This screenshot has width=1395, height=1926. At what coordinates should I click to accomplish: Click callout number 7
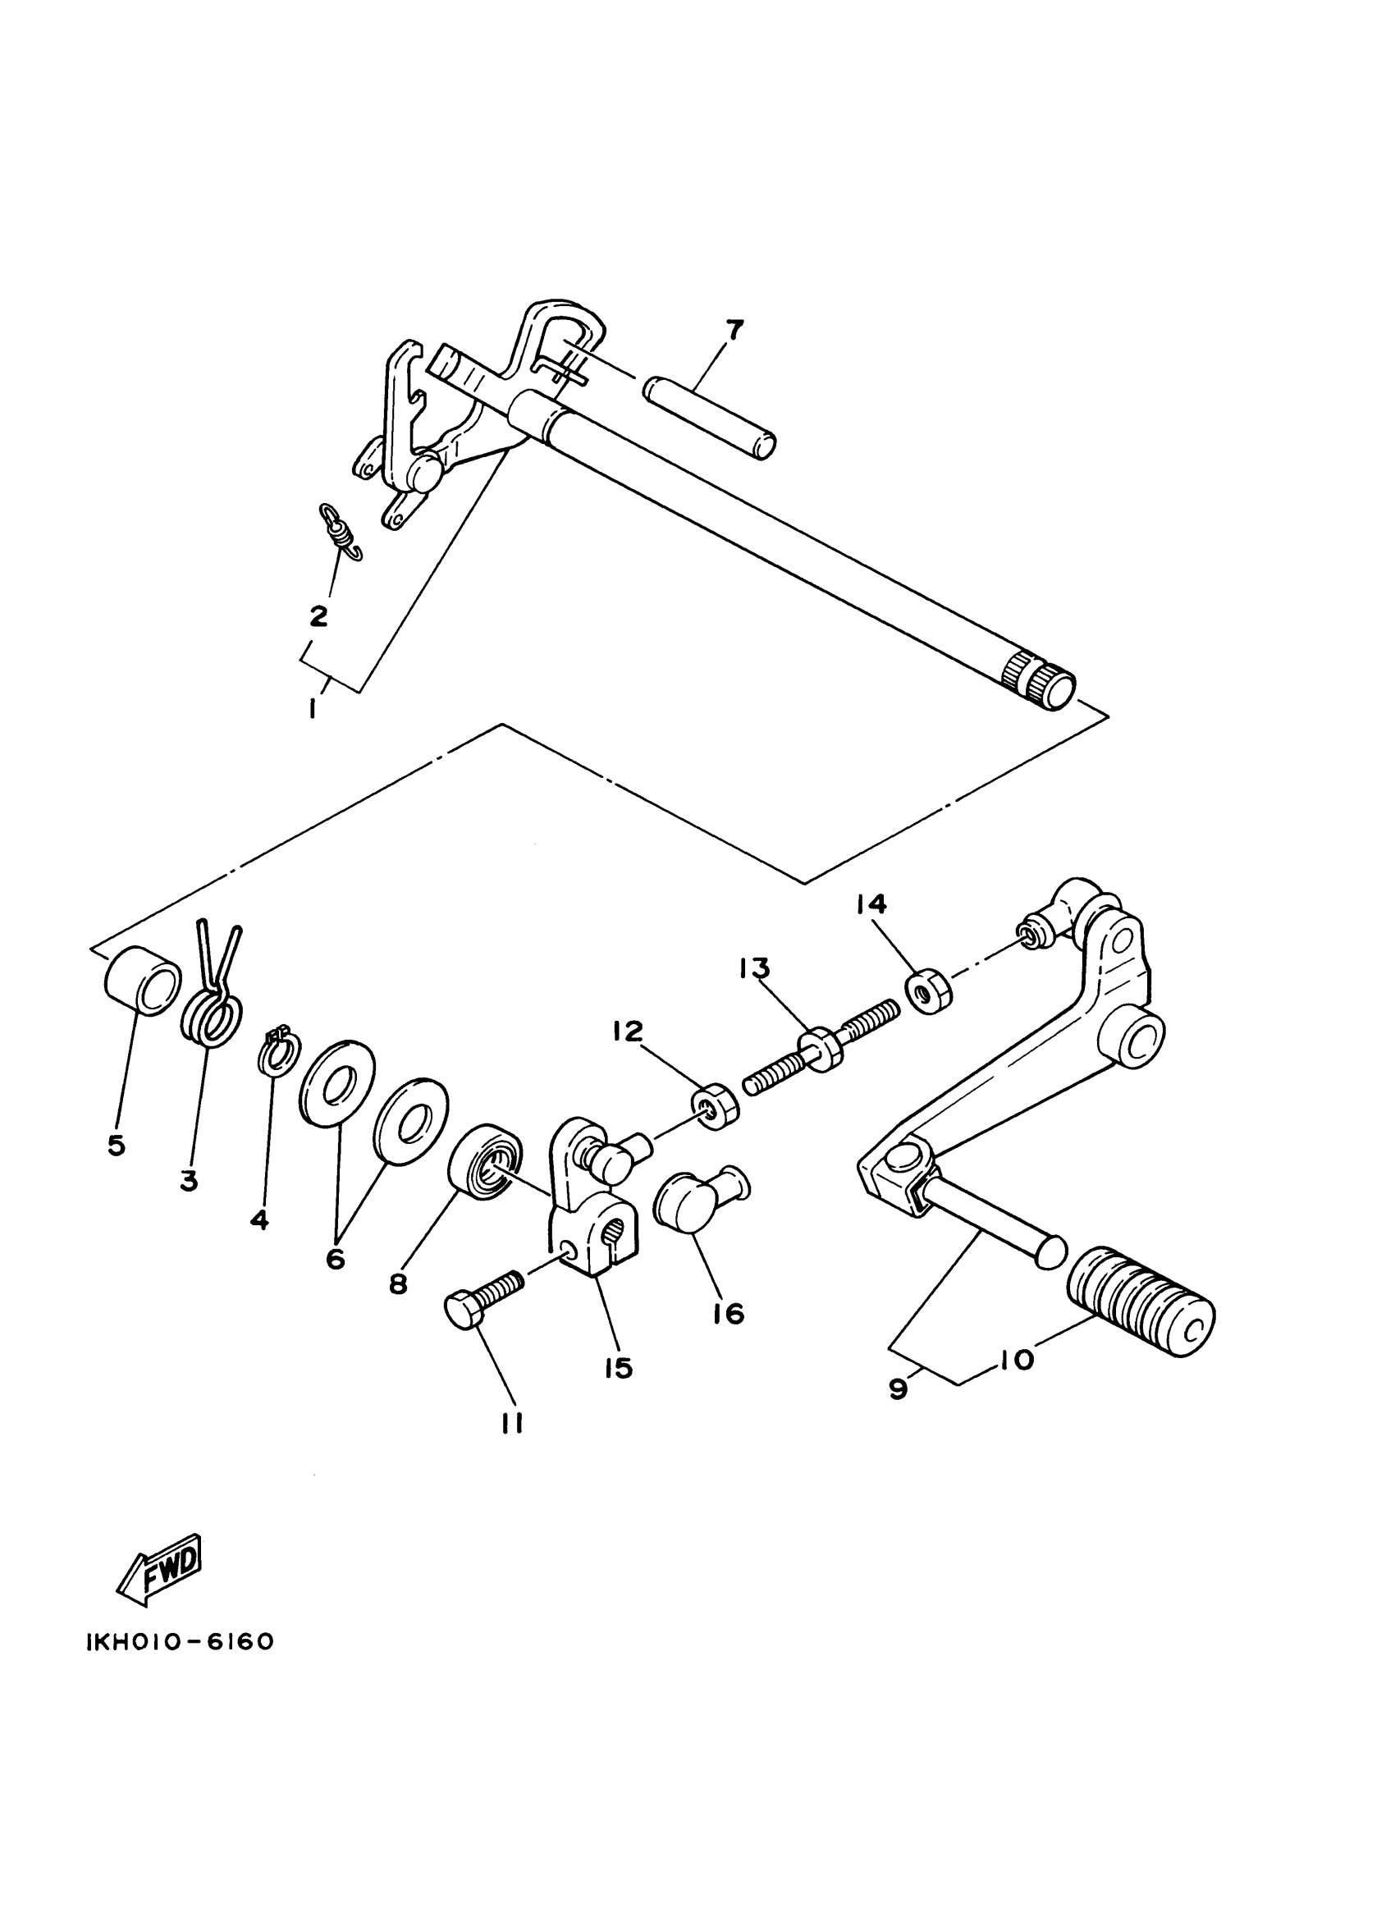(734, 330)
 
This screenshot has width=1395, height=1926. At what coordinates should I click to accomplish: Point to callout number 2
(318, 615)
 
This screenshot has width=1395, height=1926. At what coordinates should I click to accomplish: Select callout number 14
(871, 904)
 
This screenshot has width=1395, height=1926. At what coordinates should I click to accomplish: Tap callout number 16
(730, 1314)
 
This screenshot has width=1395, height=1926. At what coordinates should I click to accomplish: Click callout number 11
(511, 1423)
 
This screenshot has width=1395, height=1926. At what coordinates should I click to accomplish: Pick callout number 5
(117, 1145)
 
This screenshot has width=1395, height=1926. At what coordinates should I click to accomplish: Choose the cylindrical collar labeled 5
(142, 980)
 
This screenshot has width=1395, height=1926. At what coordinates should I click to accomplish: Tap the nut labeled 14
(930, 992)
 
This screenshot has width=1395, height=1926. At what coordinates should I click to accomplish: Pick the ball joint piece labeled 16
(697, 1198)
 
